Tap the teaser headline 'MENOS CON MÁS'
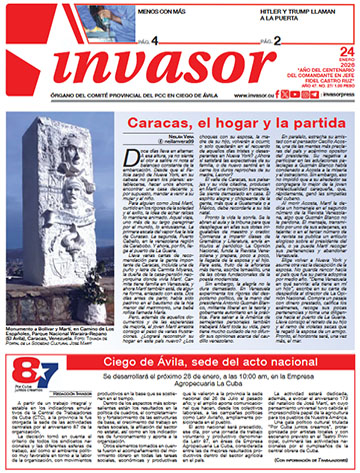135,13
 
